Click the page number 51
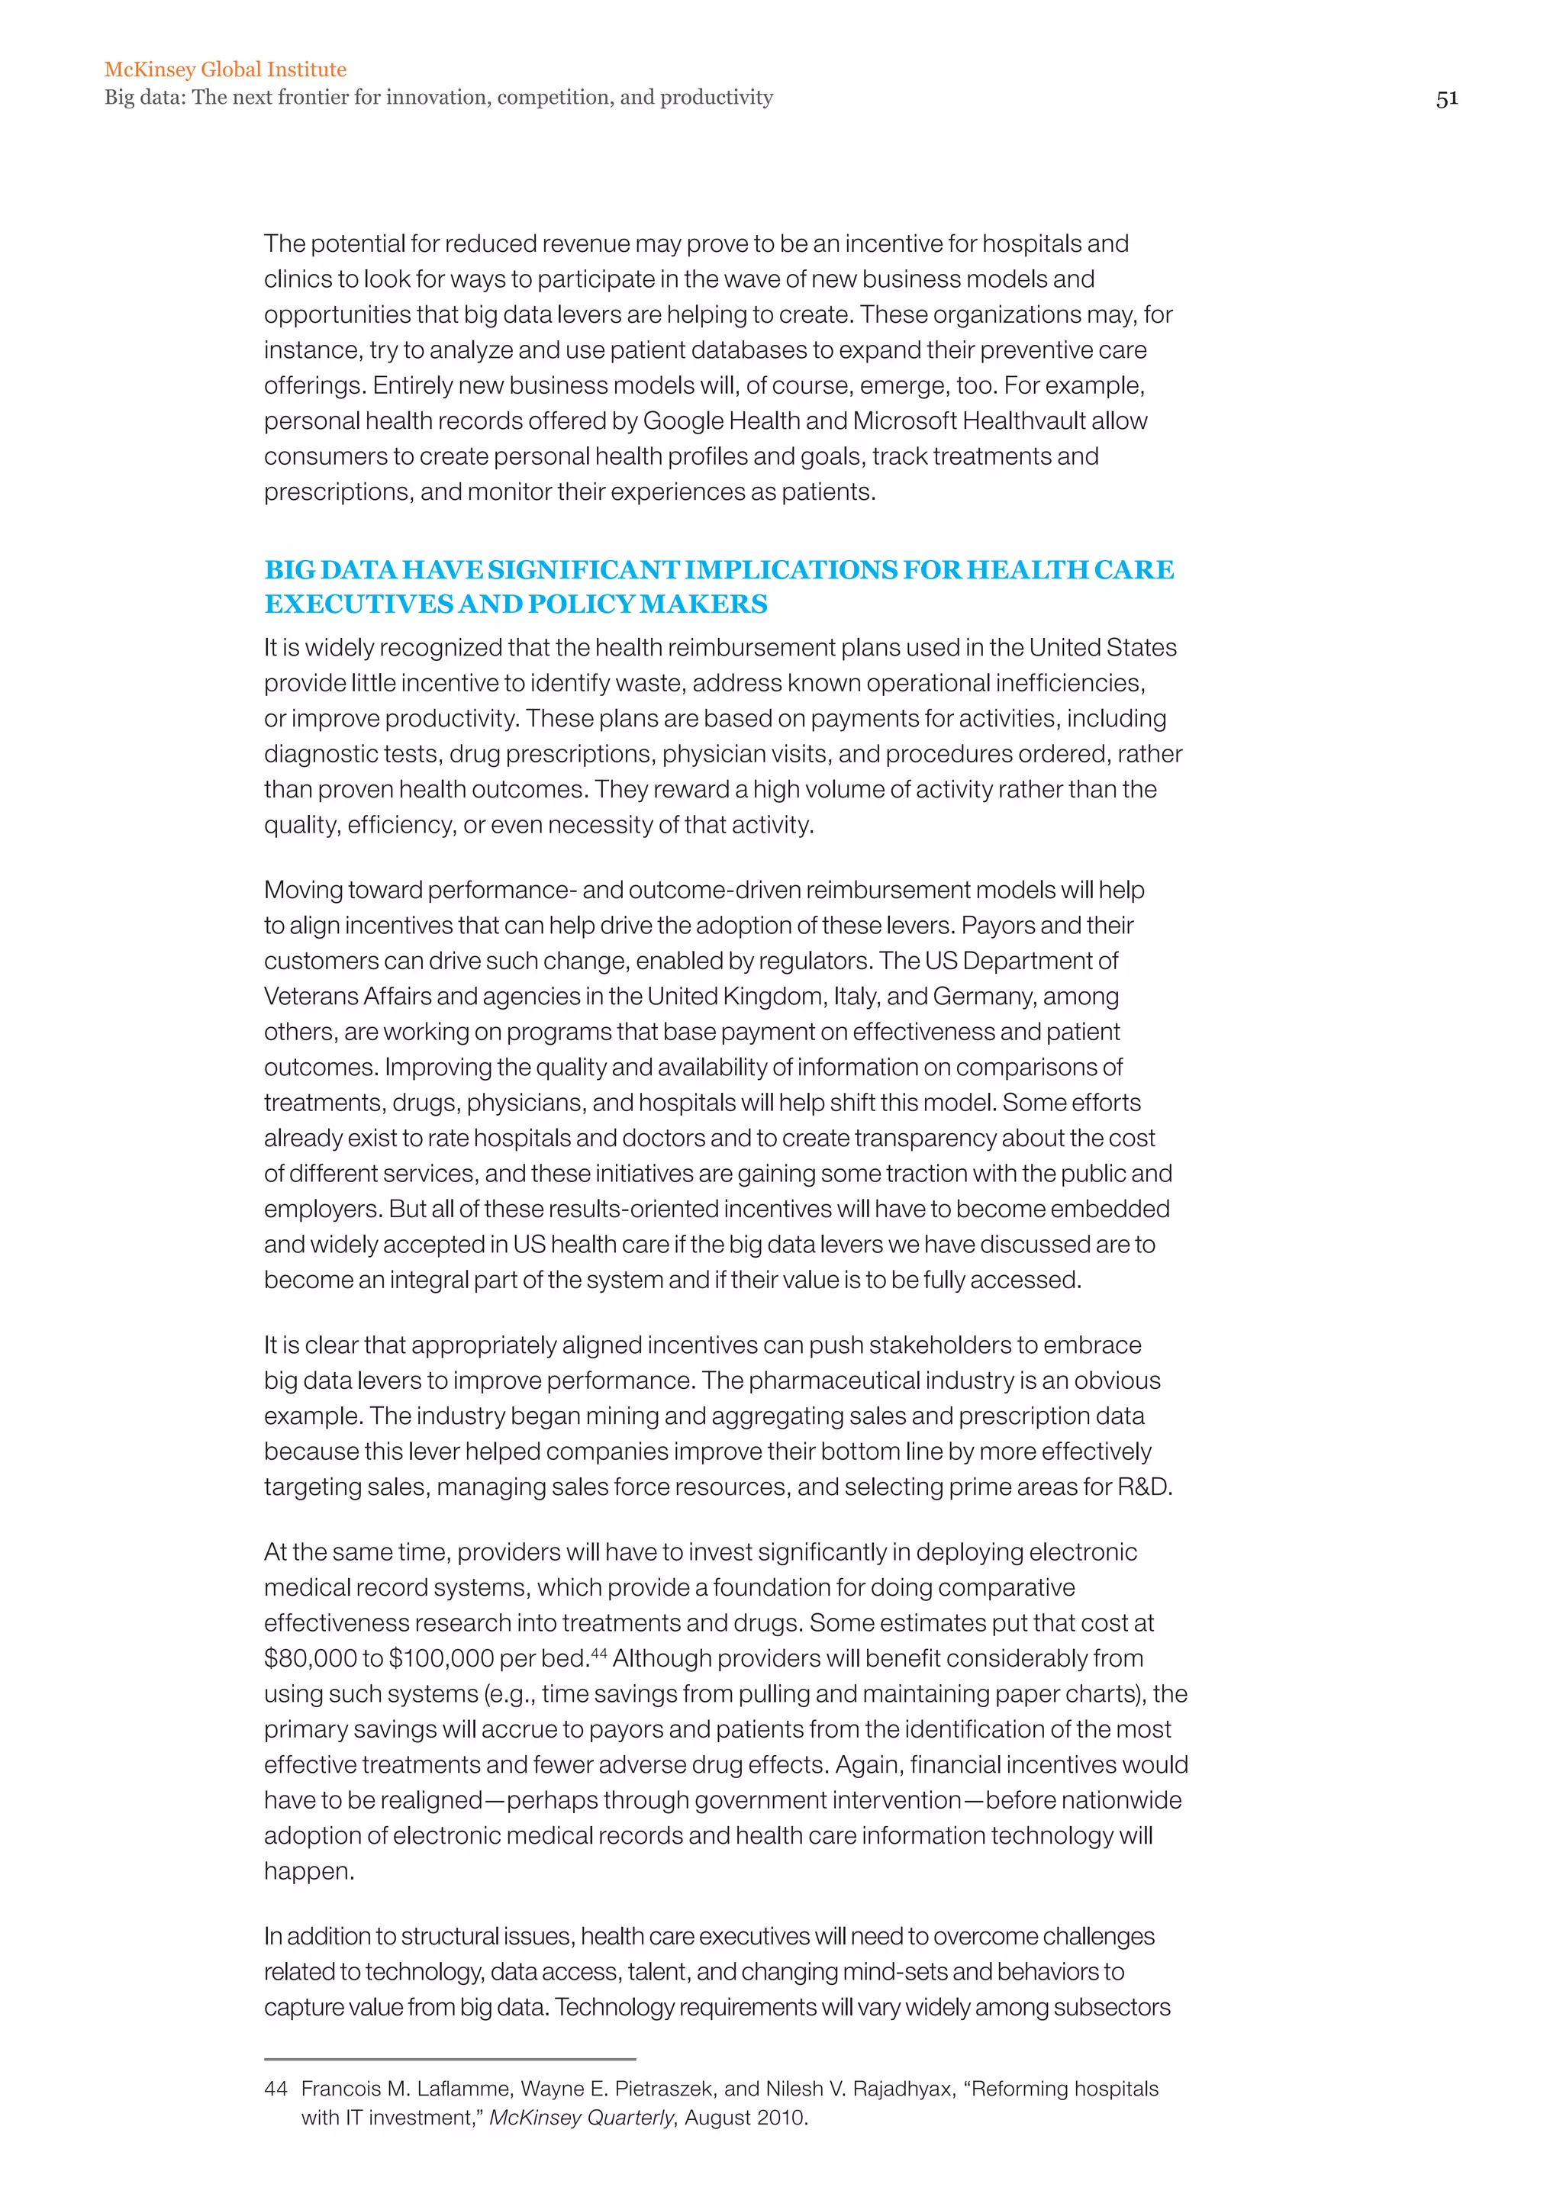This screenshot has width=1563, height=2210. pyautogui.click(x=1446, y=98)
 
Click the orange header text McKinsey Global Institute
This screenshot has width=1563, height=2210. pyautogui.click(x=225, y=69)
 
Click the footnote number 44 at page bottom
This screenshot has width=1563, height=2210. pyautogui.click(x=276, y=2089)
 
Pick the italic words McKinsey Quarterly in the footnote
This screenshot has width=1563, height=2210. pyautogui.click(x=582, y=2118)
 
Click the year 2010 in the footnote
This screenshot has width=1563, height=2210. pyautogui.click(x=781, y=2118)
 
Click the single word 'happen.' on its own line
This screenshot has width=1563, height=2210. pyautogui.click(x=309, y=1872)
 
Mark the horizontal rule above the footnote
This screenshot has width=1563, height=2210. pyautogui.click(x=450, y=2059)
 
